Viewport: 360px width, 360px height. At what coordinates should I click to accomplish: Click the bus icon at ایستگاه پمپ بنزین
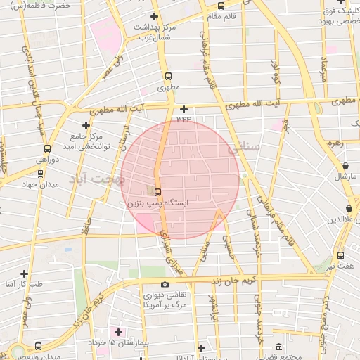157,191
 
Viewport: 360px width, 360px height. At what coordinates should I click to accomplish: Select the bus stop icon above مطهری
168,77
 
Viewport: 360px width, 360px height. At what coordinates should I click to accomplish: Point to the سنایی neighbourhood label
243,148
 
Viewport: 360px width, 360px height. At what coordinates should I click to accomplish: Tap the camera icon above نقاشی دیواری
165,284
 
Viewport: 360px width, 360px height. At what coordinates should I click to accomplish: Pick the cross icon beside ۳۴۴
184,109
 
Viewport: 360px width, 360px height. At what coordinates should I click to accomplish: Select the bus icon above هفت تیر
340,256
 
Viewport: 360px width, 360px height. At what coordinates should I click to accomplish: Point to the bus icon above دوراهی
47,148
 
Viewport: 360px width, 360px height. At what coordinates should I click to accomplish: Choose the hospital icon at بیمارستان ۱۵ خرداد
117,331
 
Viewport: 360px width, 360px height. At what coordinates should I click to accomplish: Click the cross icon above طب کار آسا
24,274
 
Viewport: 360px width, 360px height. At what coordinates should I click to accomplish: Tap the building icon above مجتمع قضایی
280,347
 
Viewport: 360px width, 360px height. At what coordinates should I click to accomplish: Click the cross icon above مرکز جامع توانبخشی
86,124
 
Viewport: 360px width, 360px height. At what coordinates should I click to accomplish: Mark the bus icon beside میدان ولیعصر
37,346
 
